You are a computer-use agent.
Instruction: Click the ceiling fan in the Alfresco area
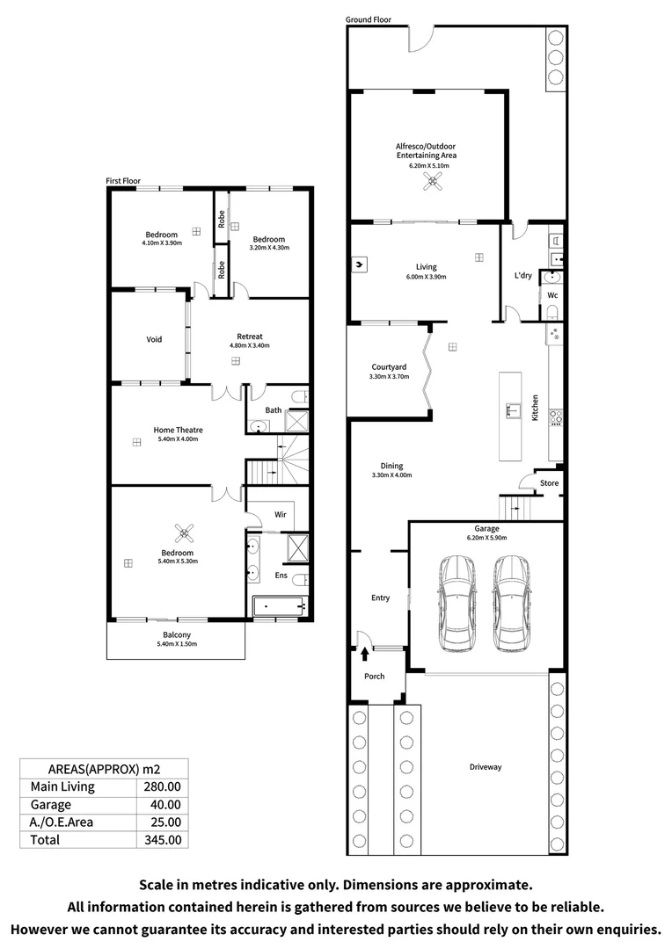click(432, 181)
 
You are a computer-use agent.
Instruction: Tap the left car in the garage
click(457, 605)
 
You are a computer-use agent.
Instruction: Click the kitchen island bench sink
click(510, 409)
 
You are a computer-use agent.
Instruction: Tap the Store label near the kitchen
click(549, 483)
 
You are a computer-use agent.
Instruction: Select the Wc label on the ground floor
click(552, 295)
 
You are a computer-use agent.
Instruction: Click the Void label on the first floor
click(154, 339)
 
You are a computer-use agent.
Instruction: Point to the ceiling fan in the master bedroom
click(186, 531)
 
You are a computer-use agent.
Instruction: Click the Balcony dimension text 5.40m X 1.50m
click(177, 644)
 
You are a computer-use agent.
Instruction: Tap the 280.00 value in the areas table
click(162, 786)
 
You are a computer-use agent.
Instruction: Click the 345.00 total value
click(162, 839)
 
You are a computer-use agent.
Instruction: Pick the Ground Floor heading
click(369, 19)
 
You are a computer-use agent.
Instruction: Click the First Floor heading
click(123, 180)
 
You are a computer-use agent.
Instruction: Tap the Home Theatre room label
click(179, 430)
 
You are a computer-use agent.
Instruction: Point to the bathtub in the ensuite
click(278, 605)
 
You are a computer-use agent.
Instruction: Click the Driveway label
click(485, 767)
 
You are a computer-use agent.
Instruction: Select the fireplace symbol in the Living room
click(362, 262)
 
